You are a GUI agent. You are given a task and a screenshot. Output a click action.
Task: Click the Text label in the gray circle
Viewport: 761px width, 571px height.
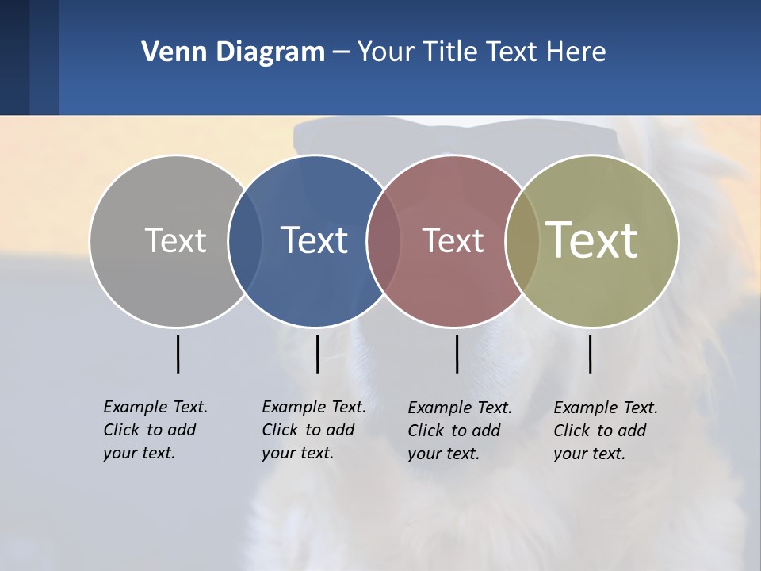[175, 240]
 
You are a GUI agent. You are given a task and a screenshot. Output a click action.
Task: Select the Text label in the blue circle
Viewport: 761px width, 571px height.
[315, 240]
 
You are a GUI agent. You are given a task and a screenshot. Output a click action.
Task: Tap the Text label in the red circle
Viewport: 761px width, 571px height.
[453, 241]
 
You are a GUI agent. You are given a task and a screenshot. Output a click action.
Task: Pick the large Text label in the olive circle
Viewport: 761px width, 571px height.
[592, 240]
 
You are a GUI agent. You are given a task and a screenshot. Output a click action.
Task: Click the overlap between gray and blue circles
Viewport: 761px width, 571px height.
[245, 241]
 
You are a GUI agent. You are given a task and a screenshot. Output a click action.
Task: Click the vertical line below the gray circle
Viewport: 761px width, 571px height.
[178, 354]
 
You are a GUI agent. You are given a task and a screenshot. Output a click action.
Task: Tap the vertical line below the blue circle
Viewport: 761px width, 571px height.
[317, 354]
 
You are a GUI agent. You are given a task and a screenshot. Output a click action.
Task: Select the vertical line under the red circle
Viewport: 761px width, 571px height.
[457, 354]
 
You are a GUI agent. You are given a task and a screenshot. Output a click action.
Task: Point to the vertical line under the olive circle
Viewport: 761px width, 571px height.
[590, 354]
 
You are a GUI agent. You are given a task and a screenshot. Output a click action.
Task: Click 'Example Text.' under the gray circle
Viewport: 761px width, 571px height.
[155, 407]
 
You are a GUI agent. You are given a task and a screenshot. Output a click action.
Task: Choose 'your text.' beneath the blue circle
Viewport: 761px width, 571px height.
[297, 453]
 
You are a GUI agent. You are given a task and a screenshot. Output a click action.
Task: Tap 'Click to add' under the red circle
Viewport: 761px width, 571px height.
[454, 431]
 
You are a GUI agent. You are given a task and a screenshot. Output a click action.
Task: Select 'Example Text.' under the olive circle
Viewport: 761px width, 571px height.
[606, 408]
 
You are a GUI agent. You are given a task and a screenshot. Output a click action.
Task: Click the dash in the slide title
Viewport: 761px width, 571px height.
[341, 52]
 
